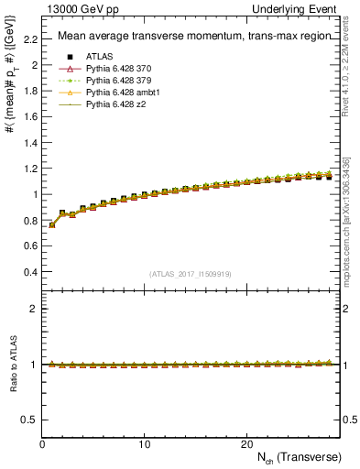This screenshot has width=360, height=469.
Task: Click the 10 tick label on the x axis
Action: click(x=144, y=443)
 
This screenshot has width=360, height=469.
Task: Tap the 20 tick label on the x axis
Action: click(x=245, y=443)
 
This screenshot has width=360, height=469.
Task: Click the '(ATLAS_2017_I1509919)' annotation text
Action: click(x=190, y=273)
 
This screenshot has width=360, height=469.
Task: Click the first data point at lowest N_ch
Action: click(x=52, y=224)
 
